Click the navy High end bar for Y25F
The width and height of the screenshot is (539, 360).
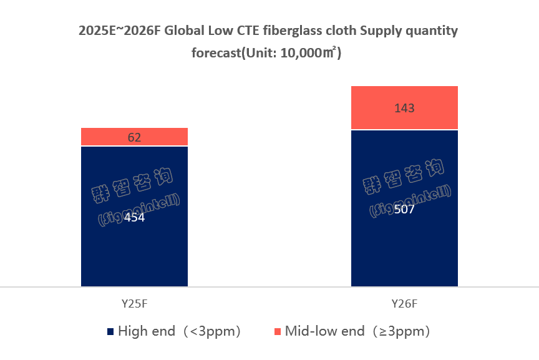(x=134, y=250)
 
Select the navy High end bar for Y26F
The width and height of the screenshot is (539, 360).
(x=404, y=250)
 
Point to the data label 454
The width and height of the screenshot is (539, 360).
(x=134, y=218)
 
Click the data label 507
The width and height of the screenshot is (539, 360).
(x=404, y=209)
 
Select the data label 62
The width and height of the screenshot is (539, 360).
(x=134, y=137)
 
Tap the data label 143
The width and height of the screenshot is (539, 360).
(x=404, y=108)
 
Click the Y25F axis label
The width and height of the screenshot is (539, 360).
(x=134, y=304)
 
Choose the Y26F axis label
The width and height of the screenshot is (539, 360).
(x=404, y=304)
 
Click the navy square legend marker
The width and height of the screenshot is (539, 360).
(x=110, y=331)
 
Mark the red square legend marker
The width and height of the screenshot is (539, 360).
(x=278, y=331)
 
